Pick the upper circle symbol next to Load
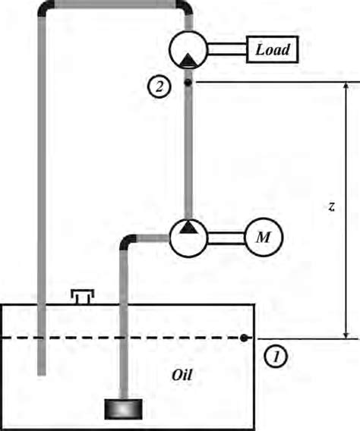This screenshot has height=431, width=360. [186, 52]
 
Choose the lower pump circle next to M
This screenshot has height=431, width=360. [187, 238]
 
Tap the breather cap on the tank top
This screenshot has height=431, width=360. [81, 295]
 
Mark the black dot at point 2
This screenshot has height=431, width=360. [187, 81]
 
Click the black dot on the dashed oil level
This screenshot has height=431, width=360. [243, 338]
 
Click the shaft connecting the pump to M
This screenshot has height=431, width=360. [225, 238]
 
